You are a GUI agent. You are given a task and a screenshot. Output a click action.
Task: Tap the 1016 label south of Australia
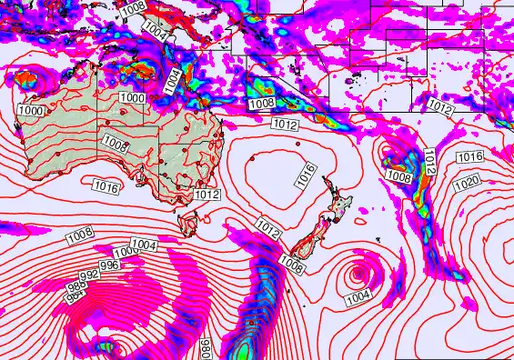tap(106, 186)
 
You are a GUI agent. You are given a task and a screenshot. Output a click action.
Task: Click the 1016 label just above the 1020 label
tap(470, 157)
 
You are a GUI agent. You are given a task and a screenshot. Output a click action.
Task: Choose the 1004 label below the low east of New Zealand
tap(358, 296)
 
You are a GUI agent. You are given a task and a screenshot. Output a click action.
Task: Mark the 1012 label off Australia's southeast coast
tap(207, 194)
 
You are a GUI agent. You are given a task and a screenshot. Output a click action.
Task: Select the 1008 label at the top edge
tap(133, 6)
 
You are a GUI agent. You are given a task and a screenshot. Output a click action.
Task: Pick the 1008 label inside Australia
tap(115, 143)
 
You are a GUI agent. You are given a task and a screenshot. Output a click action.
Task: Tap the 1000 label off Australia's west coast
tap(30, 110)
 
